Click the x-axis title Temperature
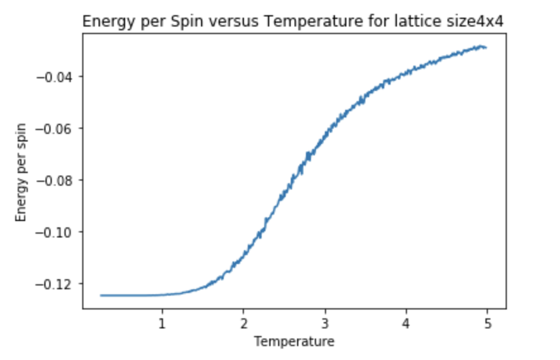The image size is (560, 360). [x=294, y=342]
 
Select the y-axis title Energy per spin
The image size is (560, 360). [x=21, y=172]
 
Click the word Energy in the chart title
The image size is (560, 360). [x=104, y=23]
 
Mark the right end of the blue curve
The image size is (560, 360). [x=485, y=47]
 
